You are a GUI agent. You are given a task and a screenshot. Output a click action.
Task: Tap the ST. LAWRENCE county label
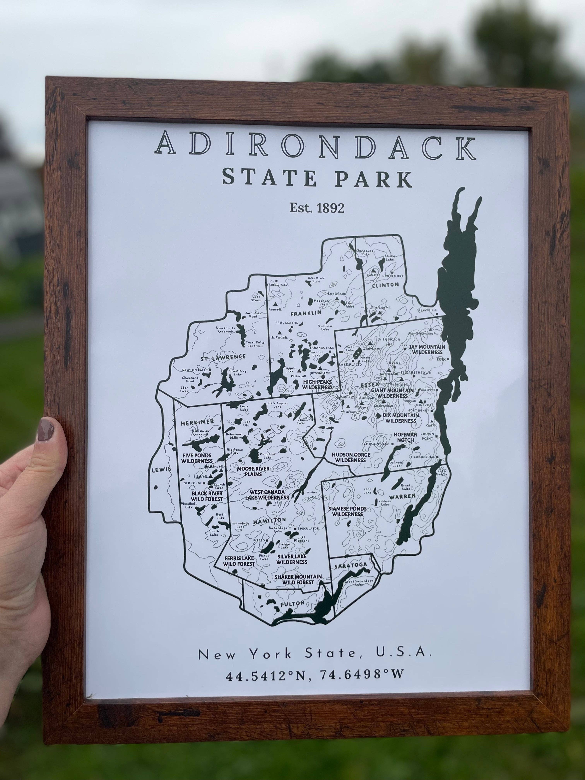point(223,357)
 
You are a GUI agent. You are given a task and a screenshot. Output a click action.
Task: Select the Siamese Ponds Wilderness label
point(347,511)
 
